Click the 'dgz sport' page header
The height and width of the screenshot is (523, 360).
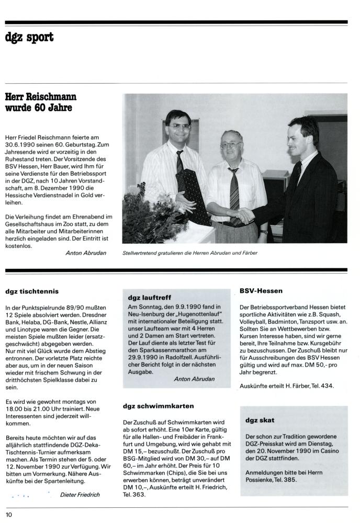[x=29, y=38]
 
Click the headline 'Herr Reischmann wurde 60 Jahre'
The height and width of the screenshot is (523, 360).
[x=40, y=102]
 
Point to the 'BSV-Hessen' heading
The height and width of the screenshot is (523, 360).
[x=261, y=290]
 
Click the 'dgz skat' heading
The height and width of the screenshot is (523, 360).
[x=260, y=420]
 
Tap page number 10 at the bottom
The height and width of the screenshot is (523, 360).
[x=9, y=515]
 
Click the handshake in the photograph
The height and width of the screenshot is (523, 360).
[x=243, y=215]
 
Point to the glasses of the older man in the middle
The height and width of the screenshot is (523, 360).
[x=231, y=144]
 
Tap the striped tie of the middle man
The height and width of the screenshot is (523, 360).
[x=233, y=189]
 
